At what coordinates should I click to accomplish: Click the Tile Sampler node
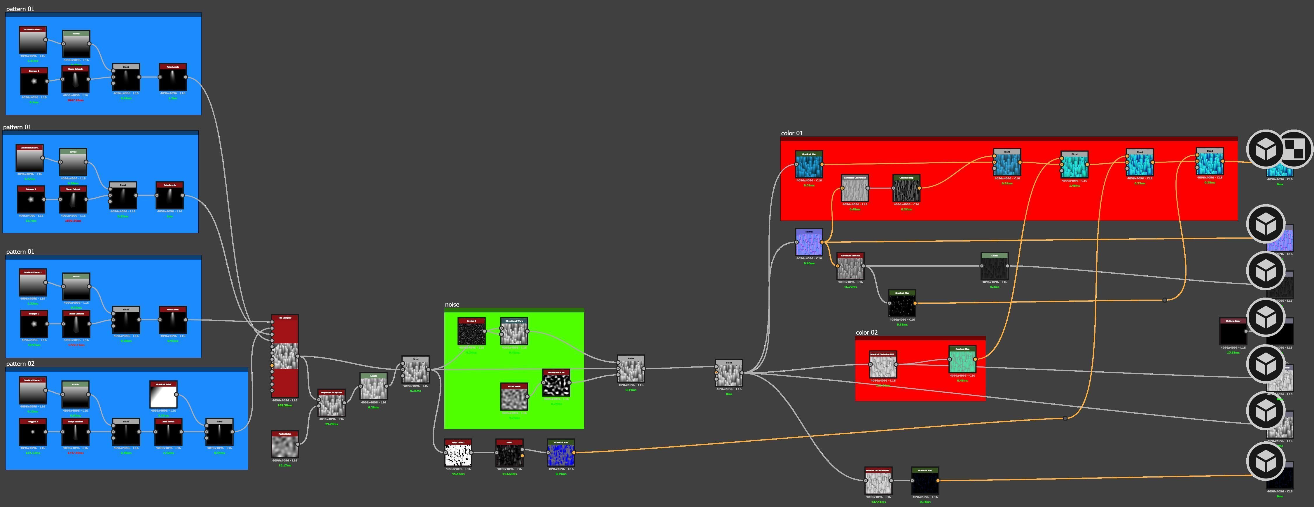(284, 356)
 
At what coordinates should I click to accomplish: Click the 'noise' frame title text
(452, 305)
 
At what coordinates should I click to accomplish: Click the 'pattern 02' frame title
(20, 364)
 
